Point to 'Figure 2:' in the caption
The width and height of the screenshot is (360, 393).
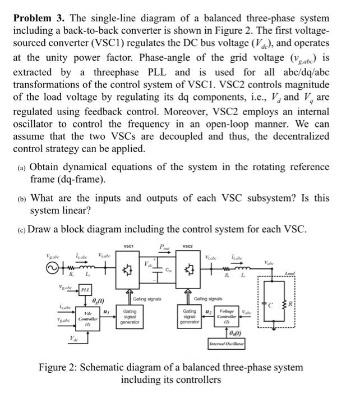coord(60,368)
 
